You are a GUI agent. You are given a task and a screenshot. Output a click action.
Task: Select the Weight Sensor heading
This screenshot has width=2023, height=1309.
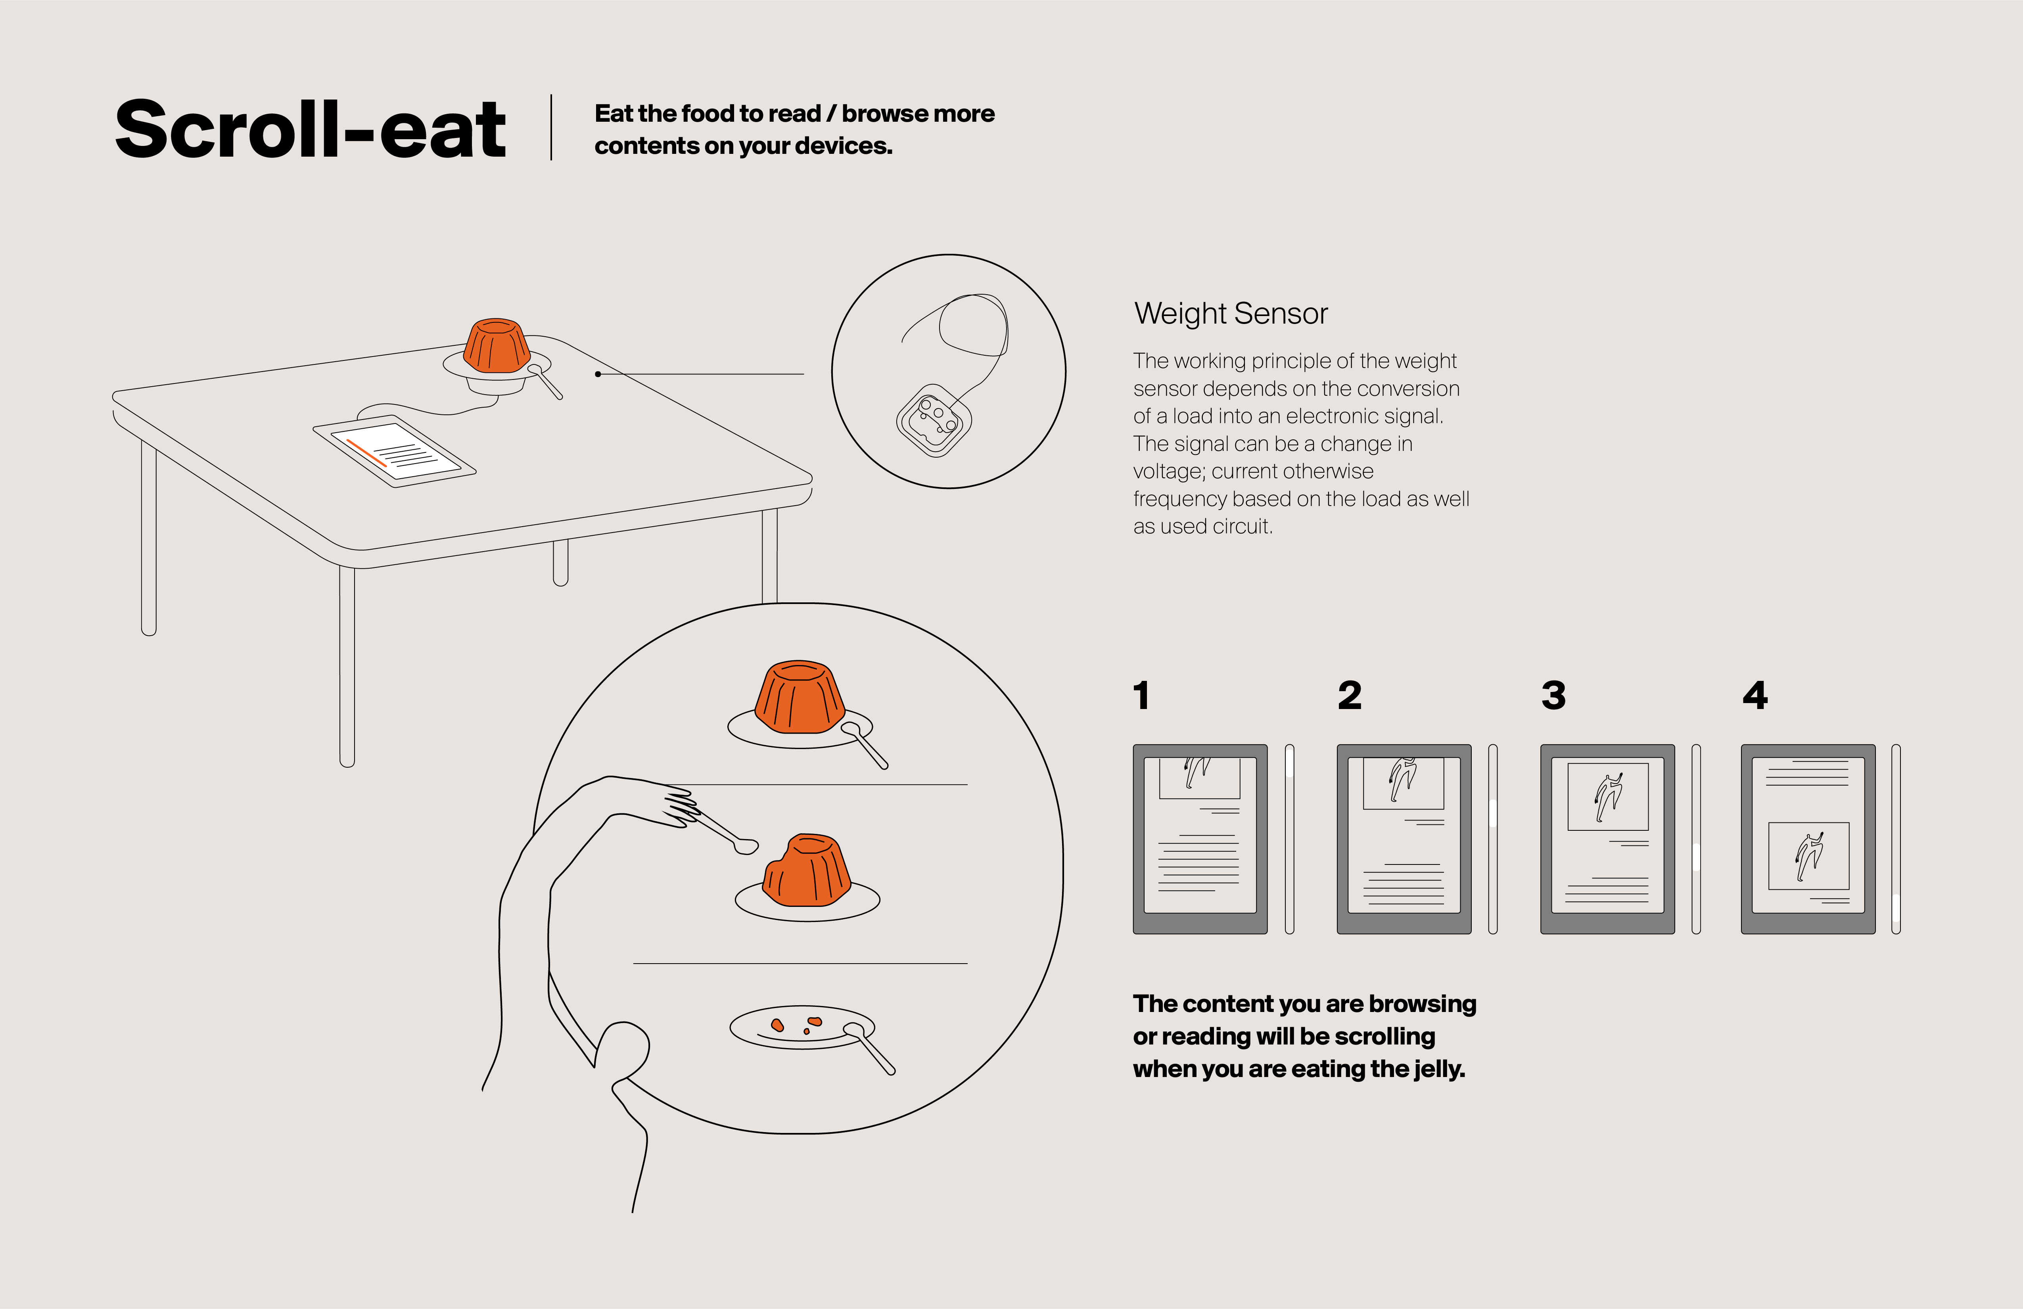[x=1231, y=314]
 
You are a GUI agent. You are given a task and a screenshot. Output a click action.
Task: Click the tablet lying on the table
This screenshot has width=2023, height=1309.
[x=394, y=450]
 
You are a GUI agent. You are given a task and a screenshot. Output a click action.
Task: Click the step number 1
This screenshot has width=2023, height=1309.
[x=1141, y=695]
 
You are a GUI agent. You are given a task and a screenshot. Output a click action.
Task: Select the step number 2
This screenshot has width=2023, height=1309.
[x=1350, y=695]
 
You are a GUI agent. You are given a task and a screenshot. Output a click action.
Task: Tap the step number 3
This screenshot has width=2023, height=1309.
[x=1554, y=695]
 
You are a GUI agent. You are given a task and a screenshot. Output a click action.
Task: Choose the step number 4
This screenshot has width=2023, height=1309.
[x=1755, y=695]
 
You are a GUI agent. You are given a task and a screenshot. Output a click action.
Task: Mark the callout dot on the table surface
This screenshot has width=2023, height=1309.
[x=598, y=374]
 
